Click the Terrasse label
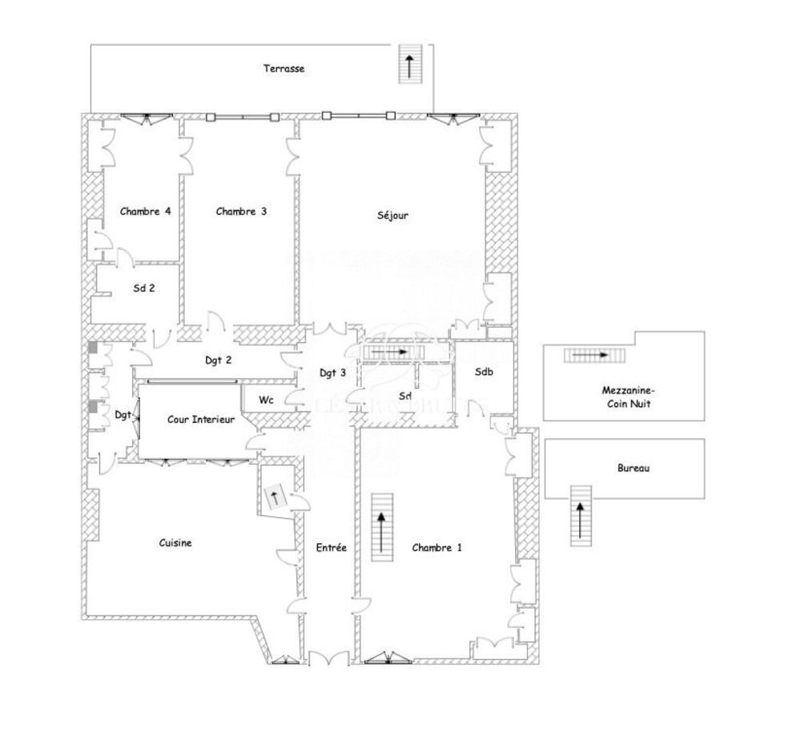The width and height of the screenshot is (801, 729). pos(284,69)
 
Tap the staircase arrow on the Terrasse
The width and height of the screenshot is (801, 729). pos(410,65)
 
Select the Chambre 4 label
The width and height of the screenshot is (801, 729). pos(145,211)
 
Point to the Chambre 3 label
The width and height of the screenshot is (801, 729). pos(241,211)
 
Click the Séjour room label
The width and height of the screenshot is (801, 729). pos(392,215)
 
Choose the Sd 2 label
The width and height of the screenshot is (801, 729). pos(143,289)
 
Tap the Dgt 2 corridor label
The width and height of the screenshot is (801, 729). pos(218,360)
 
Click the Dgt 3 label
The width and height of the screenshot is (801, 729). pos(332,373)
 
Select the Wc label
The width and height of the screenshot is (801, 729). pos(265,399)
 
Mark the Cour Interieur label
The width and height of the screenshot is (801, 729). pos(200,419)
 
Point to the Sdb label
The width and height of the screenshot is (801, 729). pos(483,373)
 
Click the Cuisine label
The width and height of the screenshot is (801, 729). pos(175,542)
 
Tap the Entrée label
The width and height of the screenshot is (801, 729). pos(332,548)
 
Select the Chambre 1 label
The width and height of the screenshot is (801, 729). pos(437,548)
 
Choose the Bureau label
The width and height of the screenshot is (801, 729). pos(633,468)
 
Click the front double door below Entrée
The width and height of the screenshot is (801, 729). pos(328,659)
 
